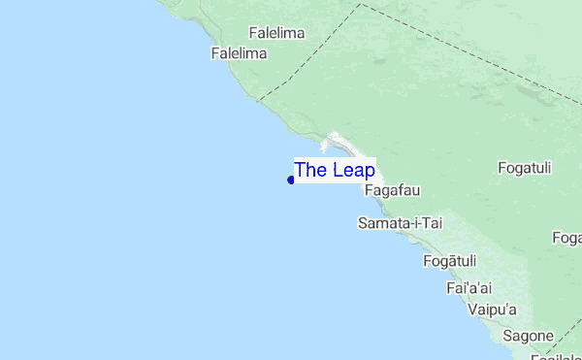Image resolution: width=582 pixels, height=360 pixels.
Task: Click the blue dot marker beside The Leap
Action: (x=291, y=180)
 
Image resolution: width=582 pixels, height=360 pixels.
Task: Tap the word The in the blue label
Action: (x=310, y=170)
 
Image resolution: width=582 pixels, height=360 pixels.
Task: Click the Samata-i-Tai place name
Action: (x=400, y=223)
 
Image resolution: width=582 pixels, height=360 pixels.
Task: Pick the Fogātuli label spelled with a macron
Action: (x=450, y=261)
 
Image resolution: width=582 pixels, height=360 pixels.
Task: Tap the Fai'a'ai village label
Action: (x=469, y=288)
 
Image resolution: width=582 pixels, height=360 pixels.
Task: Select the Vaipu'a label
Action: (x=492, y=310)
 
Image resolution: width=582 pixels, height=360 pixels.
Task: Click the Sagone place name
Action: (x=528, y=336)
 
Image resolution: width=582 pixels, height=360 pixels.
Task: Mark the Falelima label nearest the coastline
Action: (x=239, y=53)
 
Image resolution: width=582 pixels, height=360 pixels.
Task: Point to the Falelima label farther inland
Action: (x=276, y=33)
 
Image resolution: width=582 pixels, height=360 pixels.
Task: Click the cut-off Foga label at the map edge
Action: (x=566, y=238)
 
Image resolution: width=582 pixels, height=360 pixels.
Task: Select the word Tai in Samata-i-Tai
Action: (x=431, y=223)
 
